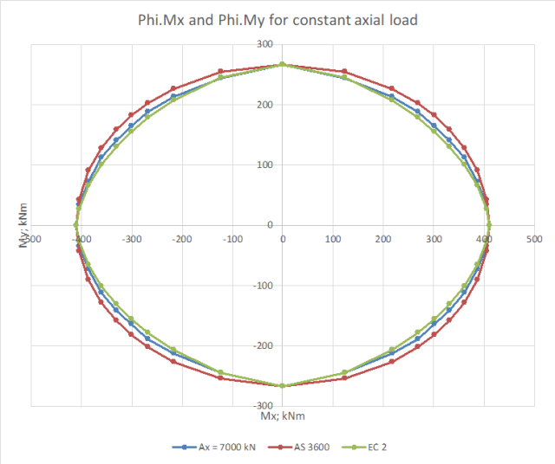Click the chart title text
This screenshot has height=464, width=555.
pos(277,19)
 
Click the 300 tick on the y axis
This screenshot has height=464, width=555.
pos(264,45)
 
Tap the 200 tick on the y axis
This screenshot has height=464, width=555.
pos(264,105)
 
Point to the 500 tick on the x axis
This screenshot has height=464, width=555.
pos(535,236)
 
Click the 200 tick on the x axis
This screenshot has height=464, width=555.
pos(384,236)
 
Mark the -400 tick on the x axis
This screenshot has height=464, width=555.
pos(81,236)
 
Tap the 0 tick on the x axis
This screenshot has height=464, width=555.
pos(283,236)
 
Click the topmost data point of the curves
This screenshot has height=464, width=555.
pos(282,64)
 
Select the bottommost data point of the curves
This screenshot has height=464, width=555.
pos(282,386)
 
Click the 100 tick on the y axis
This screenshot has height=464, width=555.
pos(264,165)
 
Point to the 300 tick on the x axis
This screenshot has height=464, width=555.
pos(434,236)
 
